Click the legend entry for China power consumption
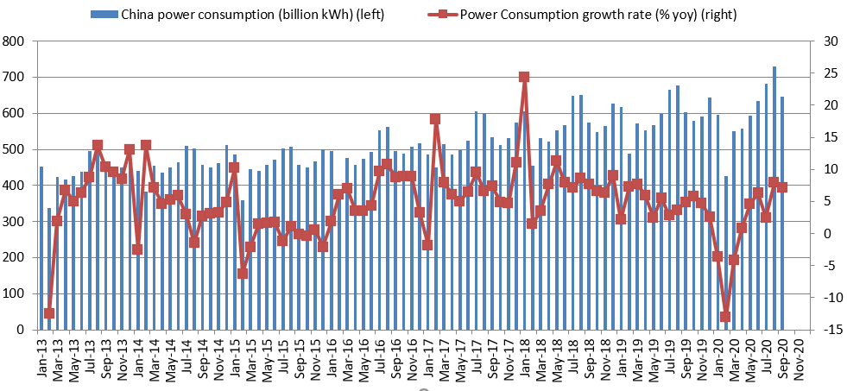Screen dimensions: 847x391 237,14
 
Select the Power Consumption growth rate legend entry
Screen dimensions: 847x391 581,14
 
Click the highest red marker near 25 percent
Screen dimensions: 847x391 523,77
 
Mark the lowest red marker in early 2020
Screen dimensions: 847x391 725,317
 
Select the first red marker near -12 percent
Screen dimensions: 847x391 49,313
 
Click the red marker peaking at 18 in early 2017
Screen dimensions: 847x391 435,119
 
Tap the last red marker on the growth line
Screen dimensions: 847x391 781,187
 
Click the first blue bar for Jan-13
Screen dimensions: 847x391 41,248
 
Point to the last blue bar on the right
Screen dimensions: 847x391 781,213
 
